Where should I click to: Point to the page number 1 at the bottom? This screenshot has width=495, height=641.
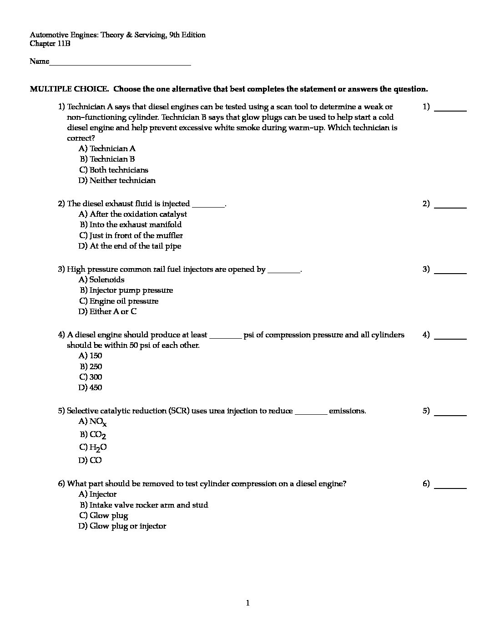(x=247, y=603)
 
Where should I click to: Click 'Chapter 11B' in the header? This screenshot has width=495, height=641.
(x=50, y=44)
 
